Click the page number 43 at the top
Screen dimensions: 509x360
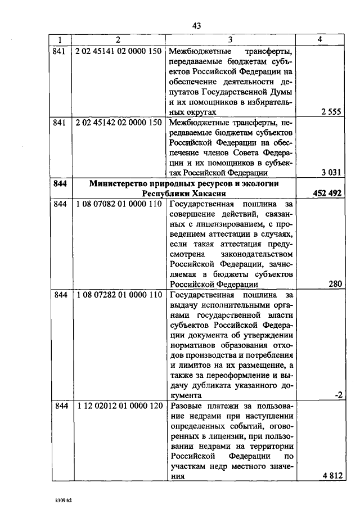196,25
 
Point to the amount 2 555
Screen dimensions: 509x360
331,112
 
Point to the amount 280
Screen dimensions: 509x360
335,284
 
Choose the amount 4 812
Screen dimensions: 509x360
331,476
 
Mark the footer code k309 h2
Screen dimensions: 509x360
64,499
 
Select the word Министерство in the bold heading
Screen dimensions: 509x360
120,183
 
